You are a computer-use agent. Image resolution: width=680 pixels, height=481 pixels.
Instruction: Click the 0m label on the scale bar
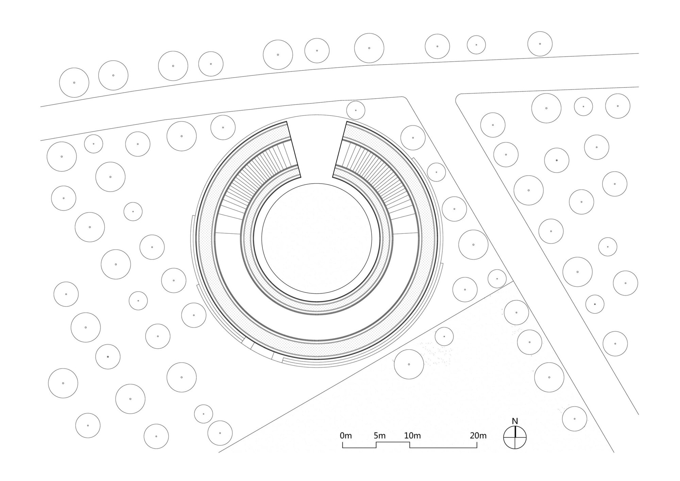[345, 435]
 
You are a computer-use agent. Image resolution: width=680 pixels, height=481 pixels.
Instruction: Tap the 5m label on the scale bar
[379, 435]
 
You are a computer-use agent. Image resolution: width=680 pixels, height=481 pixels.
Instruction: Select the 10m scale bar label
[412, 435]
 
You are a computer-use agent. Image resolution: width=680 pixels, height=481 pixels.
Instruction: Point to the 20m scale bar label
[478, 435]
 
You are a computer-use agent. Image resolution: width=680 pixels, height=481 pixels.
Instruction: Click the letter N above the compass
[515, 421]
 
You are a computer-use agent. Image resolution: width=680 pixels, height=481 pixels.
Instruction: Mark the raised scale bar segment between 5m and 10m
[393, 442]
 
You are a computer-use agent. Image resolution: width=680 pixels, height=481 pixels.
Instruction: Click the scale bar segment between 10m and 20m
[443, 448]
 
